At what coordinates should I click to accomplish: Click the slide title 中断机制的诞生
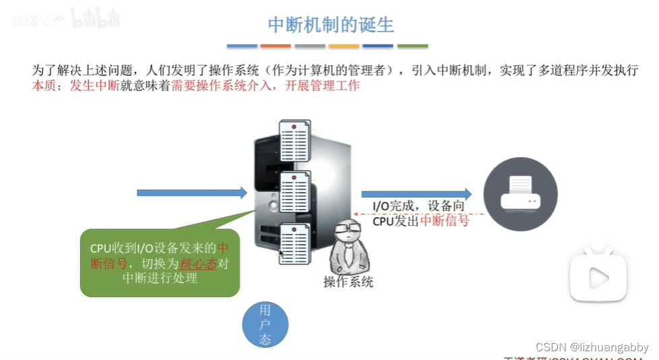point(330,25)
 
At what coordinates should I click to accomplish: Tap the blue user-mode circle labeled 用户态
point(265,325)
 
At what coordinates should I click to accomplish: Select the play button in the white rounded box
point(598,277)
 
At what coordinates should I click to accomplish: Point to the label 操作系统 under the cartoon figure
point(348,282)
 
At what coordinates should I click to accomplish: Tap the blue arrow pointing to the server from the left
point(192,193)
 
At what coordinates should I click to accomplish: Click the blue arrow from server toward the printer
point(416,193)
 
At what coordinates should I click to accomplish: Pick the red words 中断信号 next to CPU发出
point(445,220)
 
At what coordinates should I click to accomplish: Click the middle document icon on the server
point(294,191)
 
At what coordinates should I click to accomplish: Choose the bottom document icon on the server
point(294,243)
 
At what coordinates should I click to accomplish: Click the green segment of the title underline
point(412,46)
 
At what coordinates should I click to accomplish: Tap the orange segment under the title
point(276,46)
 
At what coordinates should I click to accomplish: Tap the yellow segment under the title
point(344,46)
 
